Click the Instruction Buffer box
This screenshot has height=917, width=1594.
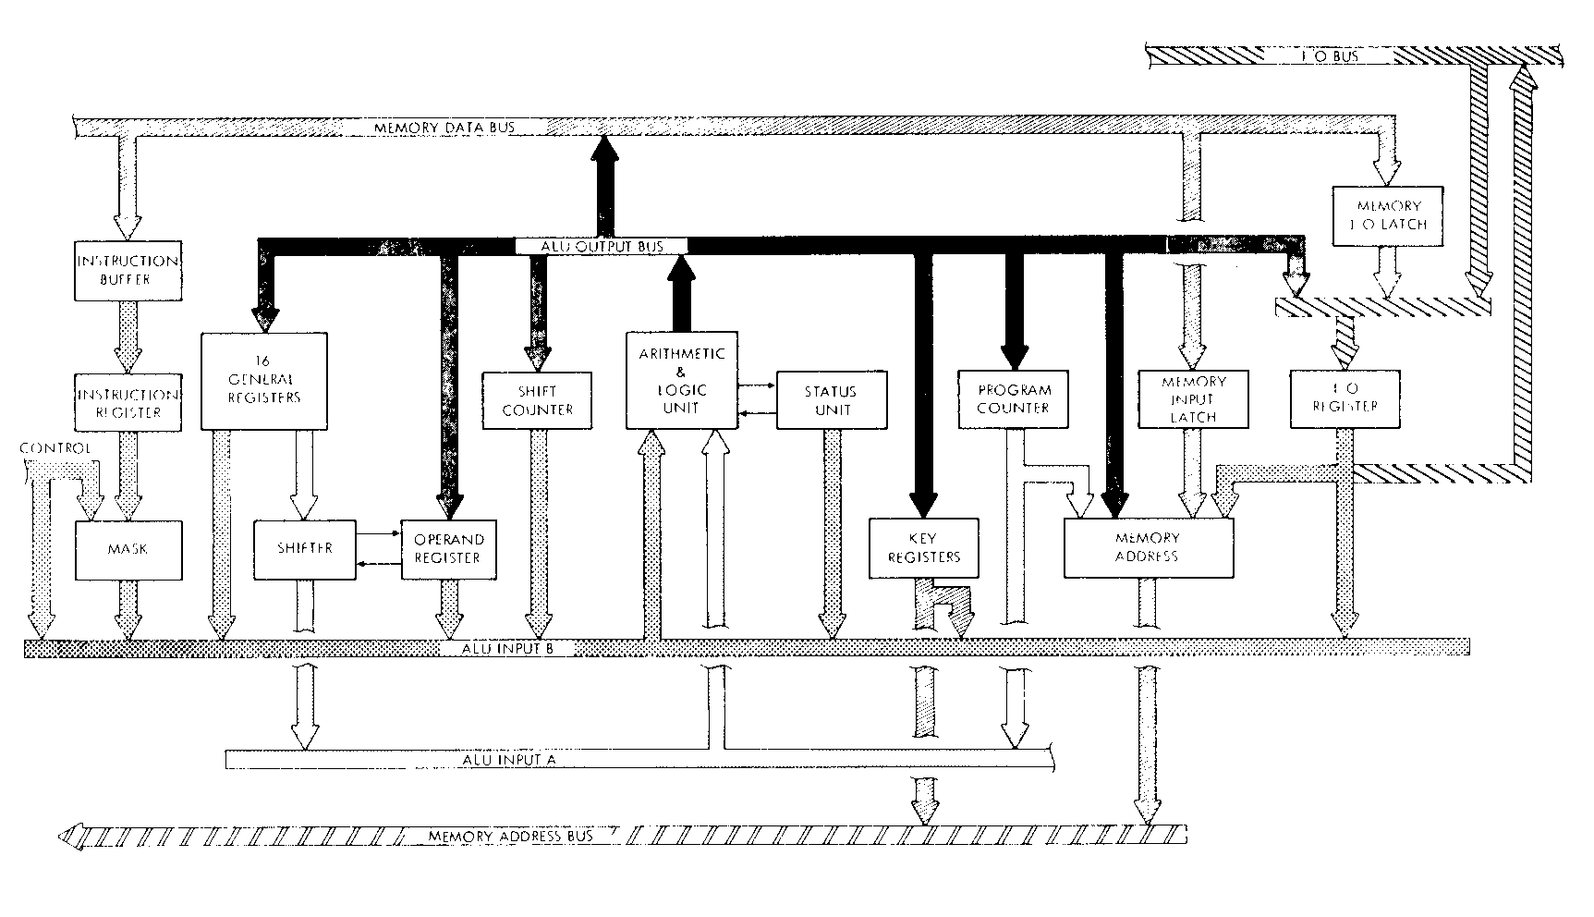(x=127, y=270)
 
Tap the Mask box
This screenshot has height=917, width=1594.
(x=127, y=549)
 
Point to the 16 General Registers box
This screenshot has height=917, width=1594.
(x=264, y=381)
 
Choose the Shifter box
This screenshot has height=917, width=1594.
(x=304, y=548)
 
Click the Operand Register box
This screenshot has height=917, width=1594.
(x=448, y=548)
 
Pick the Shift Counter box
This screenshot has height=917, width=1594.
(x=537, y=399)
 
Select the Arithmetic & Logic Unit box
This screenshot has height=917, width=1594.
(x=682, y=380)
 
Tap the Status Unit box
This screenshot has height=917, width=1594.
(x=831, y=400)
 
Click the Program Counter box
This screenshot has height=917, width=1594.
(x=1014, y=399)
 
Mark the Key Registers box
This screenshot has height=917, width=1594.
(x=923, y=547)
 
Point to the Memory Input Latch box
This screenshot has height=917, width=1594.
(x=1193, y=399)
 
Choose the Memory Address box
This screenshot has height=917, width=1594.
(x=1149, y=547)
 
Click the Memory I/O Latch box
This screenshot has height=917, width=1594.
(x=1387, y=215)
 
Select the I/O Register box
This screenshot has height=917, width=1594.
(x=1345, y=399)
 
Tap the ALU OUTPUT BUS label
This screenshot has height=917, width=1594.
(x=601, y=246)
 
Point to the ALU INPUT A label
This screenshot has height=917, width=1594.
(x=507, y=760)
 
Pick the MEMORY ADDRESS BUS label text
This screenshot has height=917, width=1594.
(x=510, y=837)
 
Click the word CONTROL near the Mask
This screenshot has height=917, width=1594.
(x=55, y=448)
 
